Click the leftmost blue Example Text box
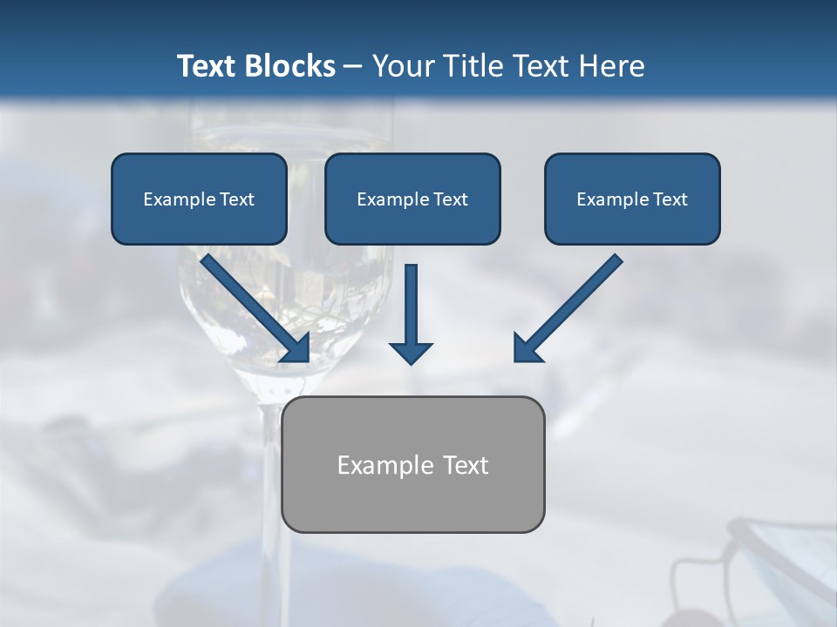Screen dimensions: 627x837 199,199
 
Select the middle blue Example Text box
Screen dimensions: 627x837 412,199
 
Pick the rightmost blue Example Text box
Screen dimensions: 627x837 632,199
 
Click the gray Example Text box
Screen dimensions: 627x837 413,464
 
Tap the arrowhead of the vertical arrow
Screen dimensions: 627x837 411,350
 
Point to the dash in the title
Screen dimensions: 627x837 353,66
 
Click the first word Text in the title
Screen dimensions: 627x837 209,66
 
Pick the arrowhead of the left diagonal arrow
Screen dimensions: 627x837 297,349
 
